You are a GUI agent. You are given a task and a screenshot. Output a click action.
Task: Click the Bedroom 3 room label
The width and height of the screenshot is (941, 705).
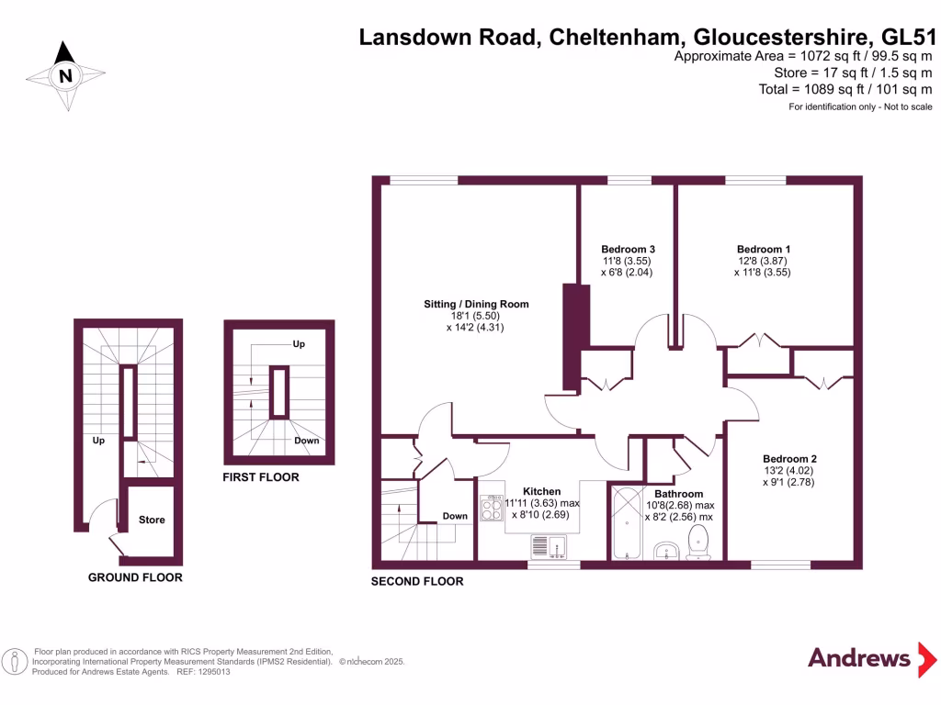pyautogui.click(x=628, y=249)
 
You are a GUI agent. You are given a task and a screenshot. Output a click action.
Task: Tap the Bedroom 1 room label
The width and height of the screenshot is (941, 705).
pyautogui.click(x=764, y=249)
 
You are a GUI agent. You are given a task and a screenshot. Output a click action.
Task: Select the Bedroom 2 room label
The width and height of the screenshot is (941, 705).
pyautogui.click(x=789, y=459)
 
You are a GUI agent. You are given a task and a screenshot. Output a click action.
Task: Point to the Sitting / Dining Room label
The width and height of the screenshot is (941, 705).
pyautogui.click(x=476, y=304)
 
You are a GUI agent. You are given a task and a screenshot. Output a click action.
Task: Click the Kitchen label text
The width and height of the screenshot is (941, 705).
pyautogui.click(x=541, y=491)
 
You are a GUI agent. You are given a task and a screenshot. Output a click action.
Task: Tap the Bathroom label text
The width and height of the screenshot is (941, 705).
pyautogui.click(x=679, y=494)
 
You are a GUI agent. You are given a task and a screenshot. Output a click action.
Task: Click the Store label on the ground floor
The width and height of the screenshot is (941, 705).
pyautogui.click(x=152, y=520)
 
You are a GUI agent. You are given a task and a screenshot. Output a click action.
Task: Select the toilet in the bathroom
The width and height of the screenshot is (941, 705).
pyautogui.click(x=700, y=541)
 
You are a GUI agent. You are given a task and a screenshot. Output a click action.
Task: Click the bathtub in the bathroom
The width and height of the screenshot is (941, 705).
pyautogui.click(x=627, y=523)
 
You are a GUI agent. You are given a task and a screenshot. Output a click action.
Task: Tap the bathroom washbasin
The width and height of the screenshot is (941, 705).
pyautogui.click(x=667, y=550)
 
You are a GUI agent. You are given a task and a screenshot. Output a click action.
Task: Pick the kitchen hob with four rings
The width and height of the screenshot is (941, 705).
pyautogui.click(x=491, y=508)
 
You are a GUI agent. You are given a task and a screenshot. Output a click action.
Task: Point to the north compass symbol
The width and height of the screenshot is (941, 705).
pyautogui.click(x=64, y=76)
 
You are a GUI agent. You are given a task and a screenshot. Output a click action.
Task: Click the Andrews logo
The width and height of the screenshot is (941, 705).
pyautogui.click(x=858, y=657)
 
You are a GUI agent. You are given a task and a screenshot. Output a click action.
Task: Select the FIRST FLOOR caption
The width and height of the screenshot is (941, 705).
pyautogui.click(x=261, y=477)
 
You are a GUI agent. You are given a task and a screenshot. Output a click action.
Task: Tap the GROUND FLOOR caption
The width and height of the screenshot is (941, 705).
pyautogui.click(x=135, y=577)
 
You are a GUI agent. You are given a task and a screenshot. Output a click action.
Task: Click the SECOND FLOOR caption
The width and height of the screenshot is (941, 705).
pyautogui.click(x=417, y=581)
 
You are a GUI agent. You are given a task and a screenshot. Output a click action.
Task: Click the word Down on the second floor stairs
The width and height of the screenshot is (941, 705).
pyautogui.click(x=455, y=516)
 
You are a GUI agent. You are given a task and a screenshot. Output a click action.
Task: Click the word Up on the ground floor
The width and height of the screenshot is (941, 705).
pyautogui.click(x=98, y=440)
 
